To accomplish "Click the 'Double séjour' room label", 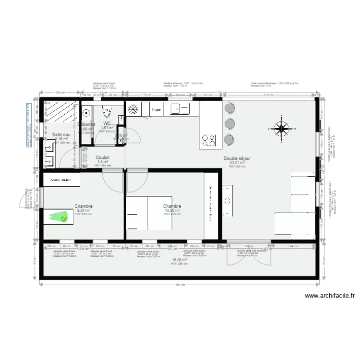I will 237,158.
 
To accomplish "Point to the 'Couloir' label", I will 103,157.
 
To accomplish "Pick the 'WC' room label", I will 107,123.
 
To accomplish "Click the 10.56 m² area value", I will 171,210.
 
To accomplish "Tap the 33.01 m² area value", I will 237,163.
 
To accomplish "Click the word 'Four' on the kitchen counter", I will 156,110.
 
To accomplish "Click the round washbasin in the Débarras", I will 86,113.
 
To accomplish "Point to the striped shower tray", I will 60,114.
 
